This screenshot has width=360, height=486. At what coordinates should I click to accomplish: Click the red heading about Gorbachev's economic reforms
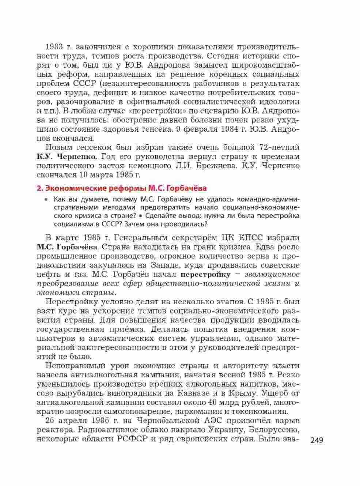pyautogui.click(x=122, y=188)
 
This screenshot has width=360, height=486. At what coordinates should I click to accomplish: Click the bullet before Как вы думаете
pyautogui.click(x=46, y=200)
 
